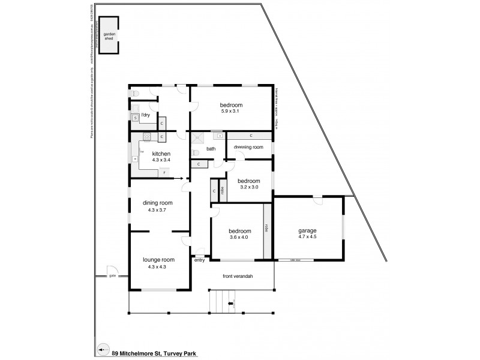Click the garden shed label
point(109,39)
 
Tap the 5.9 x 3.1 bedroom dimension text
point(230,111)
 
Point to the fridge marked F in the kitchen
point(165,173)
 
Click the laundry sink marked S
point(136,118)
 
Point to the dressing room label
point(248,147)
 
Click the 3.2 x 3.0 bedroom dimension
point(248,187)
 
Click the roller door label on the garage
point(295,260)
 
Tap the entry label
point(200,260)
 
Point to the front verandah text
point(238,276)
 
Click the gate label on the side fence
point(112,276)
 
